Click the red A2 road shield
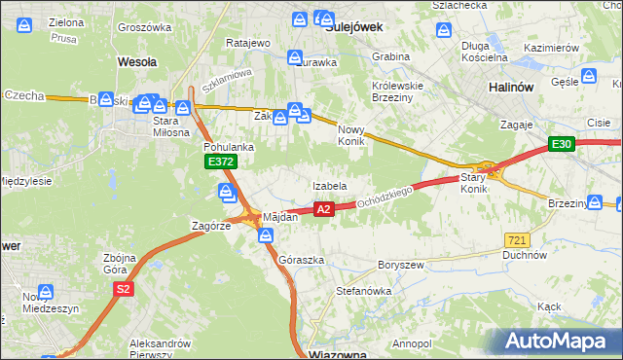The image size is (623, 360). [324, 209]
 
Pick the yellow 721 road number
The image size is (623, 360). [517, 239]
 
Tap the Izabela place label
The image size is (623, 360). [329, 186]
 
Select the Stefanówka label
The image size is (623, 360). [363, 290]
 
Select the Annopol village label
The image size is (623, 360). [412, 343]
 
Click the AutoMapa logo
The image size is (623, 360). [561, 342]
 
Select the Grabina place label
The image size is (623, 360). [390, 56]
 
